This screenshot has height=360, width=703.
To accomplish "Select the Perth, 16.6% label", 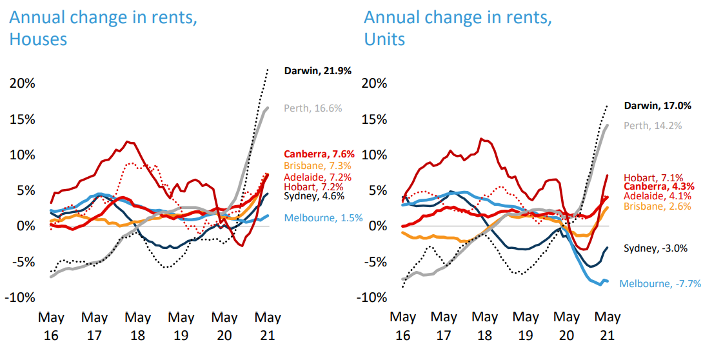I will click(x=313, y=108).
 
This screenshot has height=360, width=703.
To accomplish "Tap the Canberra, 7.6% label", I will click(x=317, y=154).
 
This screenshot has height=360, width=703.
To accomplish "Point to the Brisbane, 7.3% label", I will click(x=314, y=165).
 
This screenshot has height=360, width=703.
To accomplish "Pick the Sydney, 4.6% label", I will click(x=314, y=196).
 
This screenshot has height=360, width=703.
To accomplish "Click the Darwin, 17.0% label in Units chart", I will click(x=657, y=105).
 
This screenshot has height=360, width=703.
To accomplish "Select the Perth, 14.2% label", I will click(x=653, y=125).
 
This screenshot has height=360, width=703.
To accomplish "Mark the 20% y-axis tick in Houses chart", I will click(x=22, y=83).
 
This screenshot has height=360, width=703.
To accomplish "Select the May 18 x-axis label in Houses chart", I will click(x=137, y=326).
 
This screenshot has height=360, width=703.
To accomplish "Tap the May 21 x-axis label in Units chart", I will click(x=606, y=326).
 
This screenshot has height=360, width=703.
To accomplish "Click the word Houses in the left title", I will click(x=38, y=39).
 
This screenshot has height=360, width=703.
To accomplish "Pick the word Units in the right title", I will click(x=385, y=39).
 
